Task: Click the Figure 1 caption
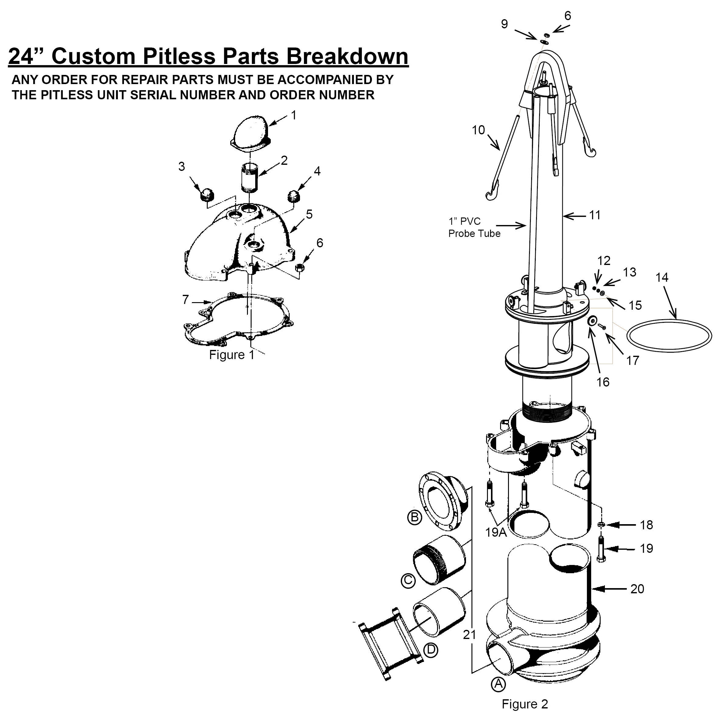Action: [x=231, y=355]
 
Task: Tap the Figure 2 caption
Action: [x=525, y=704]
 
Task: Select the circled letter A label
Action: [x=498, y=684]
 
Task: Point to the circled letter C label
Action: [x=408, y=581]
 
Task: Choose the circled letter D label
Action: [x=430, y=650]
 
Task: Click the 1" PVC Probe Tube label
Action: [x=474, y=227]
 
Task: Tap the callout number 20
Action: [x=637, y=589]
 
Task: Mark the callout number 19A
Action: [x=496, y=532]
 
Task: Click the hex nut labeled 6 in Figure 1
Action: [x=300, y=267]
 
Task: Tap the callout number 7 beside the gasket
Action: [x=185, y=299]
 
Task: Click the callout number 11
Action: [x=595, y=215]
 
